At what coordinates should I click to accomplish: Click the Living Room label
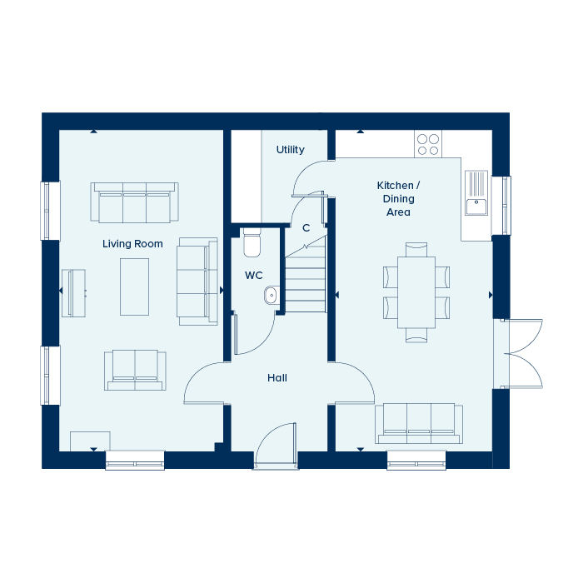tap(132, 244)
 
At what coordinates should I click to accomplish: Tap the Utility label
tap(291, 150)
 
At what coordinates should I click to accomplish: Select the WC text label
tap(253, 276)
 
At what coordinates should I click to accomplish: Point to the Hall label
tap(277, 378)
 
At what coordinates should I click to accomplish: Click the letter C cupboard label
tap(306, 228)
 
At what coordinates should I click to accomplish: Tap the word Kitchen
tap(395, 185)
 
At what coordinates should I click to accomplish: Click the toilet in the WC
tap(252, 242)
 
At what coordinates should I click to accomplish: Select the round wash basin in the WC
tap(272, 295)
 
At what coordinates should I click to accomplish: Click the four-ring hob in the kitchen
tap(428, 144)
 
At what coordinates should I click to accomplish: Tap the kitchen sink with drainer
tap(476, 192)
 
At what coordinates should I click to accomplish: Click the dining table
tap(416, 292)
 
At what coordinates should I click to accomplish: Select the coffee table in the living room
tap(134, 287)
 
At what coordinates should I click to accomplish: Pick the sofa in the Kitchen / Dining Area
tap(419, 423)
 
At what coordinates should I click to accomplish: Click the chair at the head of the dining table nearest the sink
tap(416, 250)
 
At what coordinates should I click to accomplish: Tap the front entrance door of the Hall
tap(276, 446)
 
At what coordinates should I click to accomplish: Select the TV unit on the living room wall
tap(73, 293)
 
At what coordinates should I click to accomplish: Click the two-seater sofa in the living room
tap(135, 370)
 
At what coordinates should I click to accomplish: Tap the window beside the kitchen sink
tap(501, 206)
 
